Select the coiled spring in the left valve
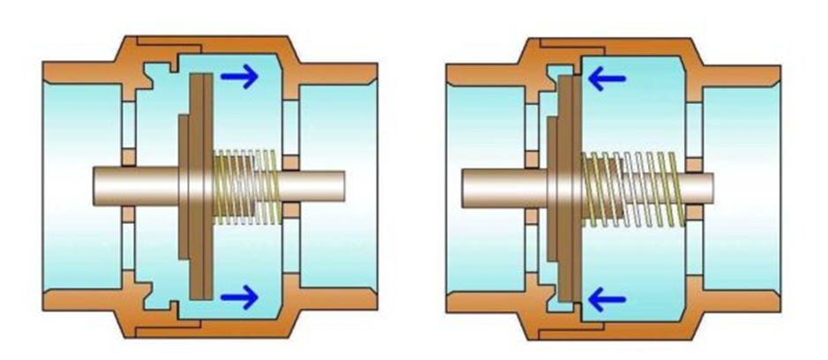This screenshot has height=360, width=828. (247, 185)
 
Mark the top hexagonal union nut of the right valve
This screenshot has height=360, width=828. (609, 47)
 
